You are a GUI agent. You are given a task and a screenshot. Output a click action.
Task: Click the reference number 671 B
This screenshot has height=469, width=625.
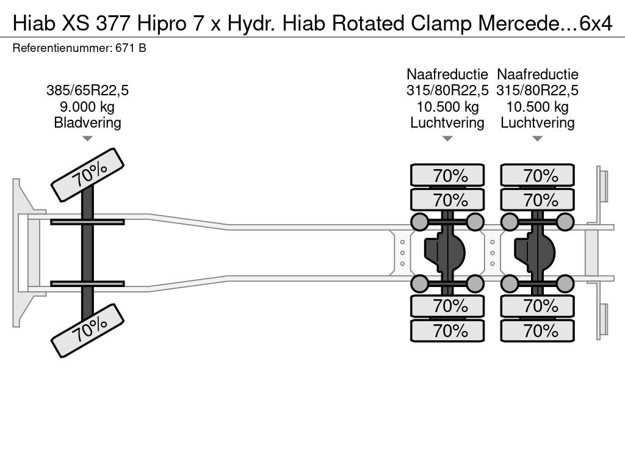click(130, 48)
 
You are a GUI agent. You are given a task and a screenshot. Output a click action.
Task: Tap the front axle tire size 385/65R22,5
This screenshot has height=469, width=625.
click(87, 91)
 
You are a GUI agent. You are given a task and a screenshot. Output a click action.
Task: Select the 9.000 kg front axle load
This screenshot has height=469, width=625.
click(87, 107)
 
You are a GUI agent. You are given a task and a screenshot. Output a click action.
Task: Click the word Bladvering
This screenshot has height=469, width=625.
click(87, 123)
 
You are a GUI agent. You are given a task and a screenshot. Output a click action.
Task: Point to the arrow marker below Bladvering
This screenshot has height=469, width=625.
click(87, 139)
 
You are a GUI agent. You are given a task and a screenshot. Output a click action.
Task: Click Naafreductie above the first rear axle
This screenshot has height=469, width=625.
click(447, 75)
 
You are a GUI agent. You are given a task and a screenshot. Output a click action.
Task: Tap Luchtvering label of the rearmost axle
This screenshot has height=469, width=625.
click(537, 123)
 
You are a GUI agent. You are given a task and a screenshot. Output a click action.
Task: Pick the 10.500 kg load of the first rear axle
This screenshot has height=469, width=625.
click(447, 107)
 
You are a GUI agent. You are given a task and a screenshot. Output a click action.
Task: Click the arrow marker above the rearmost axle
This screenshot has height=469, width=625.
click(537, 139)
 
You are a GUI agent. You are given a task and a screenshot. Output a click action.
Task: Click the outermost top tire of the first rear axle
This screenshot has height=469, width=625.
click(447, 176)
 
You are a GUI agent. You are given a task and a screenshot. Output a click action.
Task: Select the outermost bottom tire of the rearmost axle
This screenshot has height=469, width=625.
click(537, 331)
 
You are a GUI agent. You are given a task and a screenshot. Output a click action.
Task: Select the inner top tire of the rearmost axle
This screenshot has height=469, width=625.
click(537, 200)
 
